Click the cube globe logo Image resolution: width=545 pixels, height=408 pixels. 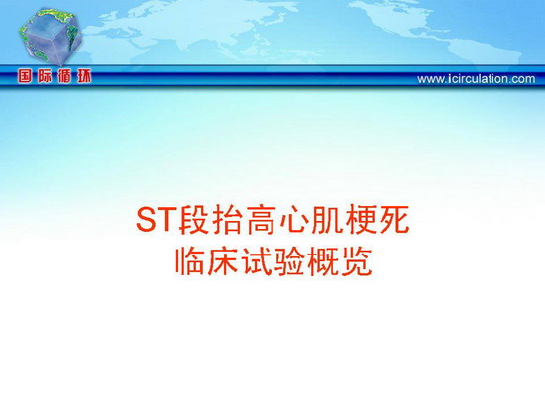52,37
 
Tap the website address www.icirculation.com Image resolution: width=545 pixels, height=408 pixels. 476,79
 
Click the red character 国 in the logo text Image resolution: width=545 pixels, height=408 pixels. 25,76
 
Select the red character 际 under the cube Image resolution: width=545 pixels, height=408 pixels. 45,76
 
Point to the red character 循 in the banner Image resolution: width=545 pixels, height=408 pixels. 64,76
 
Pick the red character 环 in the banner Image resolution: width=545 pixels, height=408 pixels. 84,76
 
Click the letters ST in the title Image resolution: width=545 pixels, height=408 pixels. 157,220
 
